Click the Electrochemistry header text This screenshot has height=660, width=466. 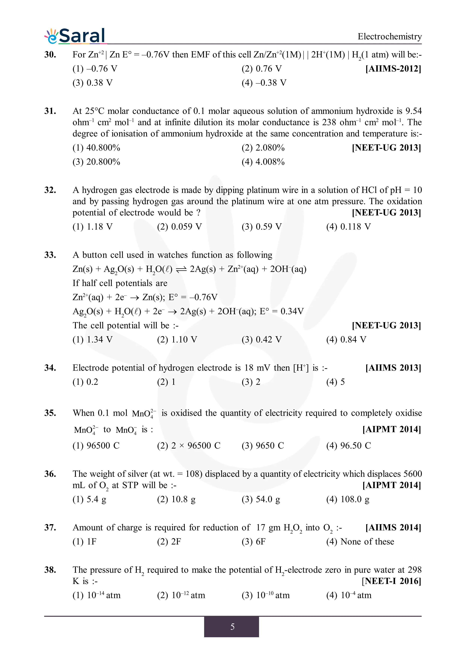pyautogui.click(x=389, y=36)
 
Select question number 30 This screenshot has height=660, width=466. pyautogui.click(x=50, y=54)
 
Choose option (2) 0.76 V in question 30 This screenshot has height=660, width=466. pyautogui.click(x=261, y=69)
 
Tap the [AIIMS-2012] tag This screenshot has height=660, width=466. pyautogui.click(x=393, y=69)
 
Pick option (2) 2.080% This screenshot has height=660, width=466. pyautogui.click(x=263, y=148)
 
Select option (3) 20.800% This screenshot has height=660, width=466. pyautogui.click(x=96, y=162)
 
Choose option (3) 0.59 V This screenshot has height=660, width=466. pyautogui.click(x=261, y=227)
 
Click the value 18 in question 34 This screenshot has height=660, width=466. pyautogui.click(x=249, y=368)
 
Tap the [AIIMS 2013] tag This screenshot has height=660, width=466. pyautogui.click(x=393, y=368)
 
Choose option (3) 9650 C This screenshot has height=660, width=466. pyautogui.click(x=262, y=446)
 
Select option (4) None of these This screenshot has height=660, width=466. pyautogui.click(x=360, y=542)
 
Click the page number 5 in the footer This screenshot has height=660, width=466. pyautogui.click(x=232, y=627)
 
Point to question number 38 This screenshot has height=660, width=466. pyautogui.click(x=50, y=570)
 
